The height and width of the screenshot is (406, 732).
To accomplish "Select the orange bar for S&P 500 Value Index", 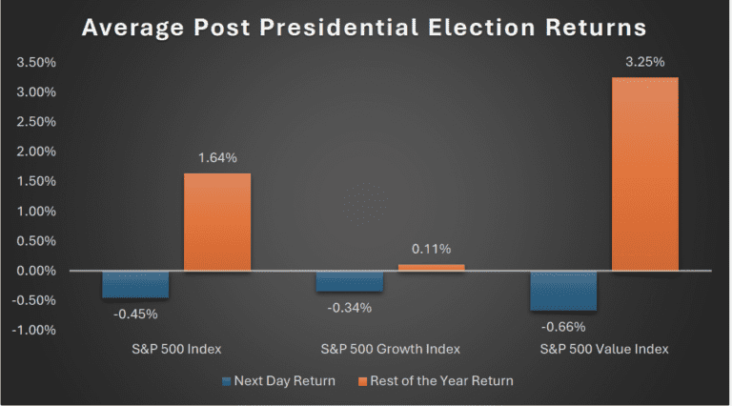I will pyautogui.click(x=645, y=173).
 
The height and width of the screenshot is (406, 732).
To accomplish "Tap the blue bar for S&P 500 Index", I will pyautogui.click(x=135, y=284).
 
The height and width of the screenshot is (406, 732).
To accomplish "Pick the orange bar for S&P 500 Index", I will pyautogui.click(x=217, y=222).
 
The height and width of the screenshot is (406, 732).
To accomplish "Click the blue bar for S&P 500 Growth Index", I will pyautogui.click(x=350, y=281).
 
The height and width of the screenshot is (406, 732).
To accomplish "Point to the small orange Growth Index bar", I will pyautogui.click(x=431, y=268).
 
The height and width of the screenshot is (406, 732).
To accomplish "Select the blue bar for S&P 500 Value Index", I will pyautogui.click(x=563, y=291).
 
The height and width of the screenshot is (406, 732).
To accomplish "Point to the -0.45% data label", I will pyautogui.click(x=135, y=314).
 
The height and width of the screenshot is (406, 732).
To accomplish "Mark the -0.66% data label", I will pyautogui.click(x=563, y=325).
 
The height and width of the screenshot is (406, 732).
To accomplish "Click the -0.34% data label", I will pyautogui.click(x=350, y=307).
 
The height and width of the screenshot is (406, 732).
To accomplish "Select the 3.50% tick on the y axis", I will pyautogui.click(x=34, y=63).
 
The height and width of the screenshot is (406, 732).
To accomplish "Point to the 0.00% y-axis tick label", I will pyautogui.click(x=34, y=271).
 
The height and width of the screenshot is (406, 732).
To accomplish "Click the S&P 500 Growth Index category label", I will pyautogui.click(x=390, y=349).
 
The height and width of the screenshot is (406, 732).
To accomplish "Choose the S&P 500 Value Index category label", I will pyautogui.click(x=604, y=349).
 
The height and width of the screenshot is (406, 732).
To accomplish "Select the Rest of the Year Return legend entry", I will pyautogui.click(x=437, y=381).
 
